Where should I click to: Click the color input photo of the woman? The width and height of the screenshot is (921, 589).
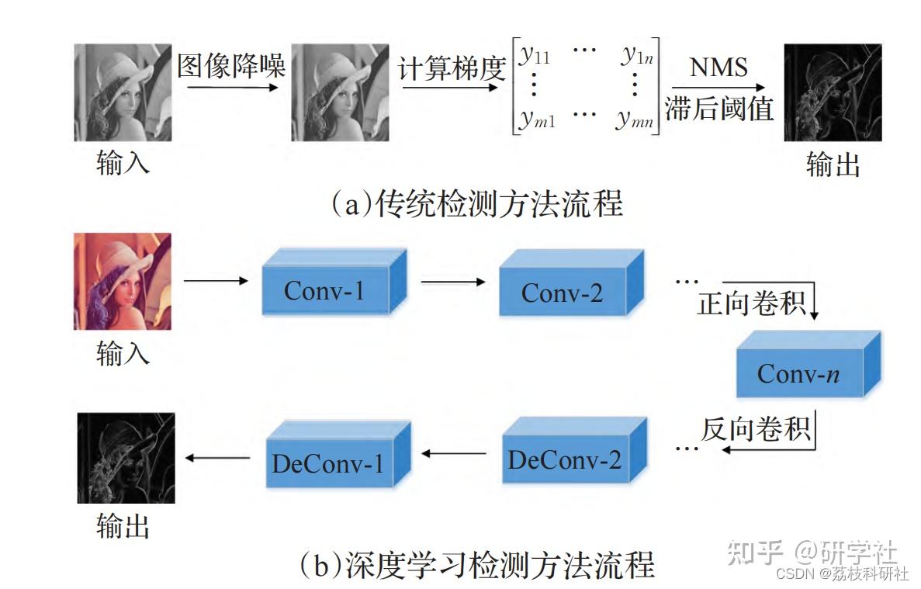pyautogui.click(x=122, y=281)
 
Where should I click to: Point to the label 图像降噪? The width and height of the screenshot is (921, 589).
pyautogui.click(x=231, y=66)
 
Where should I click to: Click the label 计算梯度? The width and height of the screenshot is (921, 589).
pyautogui.click(x=452, y=69)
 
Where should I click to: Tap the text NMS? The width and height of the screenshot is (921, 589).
pyautogui.click(x=718, y=68)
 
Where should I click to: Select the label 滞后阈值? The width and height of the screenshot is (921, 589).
pyautogui.click(x=719, y=109)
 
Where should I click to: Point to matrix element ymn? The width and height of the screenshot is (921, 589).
pyautogui.click(x=635, y=119)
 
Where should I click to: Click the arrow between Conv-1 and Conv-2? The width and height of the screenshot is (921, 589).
pyautogui.click(x=453, y=282)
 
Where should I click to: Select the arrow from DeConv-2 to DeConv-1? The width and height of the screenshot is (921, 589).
pyautogui.click(x=452, y=452)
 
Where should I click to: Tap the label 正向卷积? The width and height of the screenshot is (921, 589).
pyautogui.click(x=751, y=303)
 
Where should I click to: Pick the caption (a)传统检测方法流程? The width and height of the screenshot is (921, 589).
pyautogui.click(x=476, y=203)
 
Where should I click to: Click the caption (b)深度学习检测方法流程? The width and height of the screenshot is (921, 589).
pyautogui.click(x=476, y=564)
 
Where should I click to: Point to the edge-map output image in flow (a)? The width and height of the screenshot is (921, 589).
pyautogui.click(x=833, y=92)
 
